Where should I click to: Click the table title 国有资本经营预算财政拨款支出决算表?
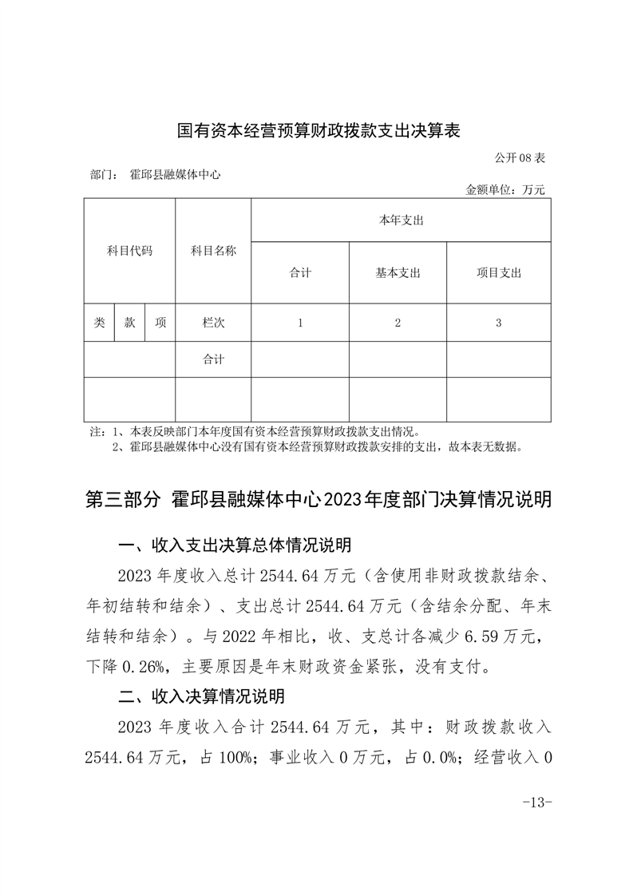click(318, 130)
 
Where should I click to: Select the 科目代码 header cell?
click(129, 251)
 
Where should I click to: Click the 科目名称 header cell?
click(213, 251)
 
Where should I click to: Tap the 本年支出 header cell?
click(401, 220)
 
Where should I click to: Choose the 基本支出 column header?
click(398, 272)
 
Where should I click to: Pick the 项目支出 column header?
click(498, 272)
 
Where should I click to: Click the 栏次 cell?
click(213, 323)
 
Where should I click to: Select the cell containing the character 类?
click(99, 323)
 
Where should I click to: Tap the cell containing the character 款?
click(129, 323)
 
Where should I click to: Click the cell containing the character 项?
click(160, 323)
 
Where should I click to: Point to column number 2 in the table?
click(398, 323)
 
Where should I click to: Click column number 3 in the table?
click(498, 323)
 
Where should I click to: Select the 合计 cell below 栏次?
click(213, 359)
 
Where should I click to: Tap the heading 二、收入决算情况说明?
click(201, 696)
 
